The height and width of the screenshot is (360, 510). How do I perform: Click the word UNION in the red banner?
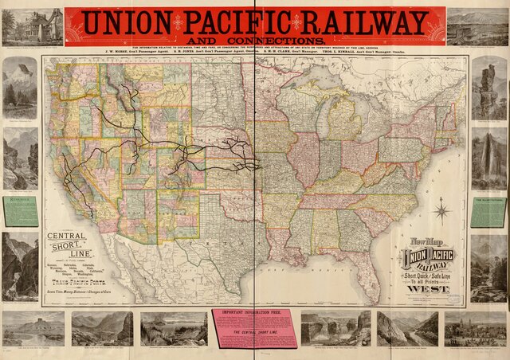pyautogui.click(x=127, y=22)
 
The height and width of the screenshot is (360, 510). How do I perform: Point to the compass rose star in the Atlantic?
pyautogui.click(x=442, y=212)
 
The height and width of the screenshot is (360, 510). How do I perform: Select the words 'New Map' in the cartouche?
pyautogui.click(x=426, y=241)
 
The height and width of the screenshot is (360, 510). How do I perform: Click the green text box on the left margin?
pyautogui.click(x=20, y=211)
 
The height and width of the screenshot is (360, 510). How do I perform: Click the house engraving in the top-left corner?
pyautogui.click(x=32, y=28)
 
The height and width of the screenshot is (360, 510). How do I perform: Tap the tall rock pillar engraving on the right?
pyautogui.click(x=488, y=88)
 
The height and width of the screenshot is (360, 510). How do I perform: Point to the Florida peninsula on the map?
pyautogui.click(x=369, y=268)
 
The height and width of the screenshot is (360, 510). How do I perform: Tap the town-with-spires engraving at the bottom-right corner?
pyautogui.click(x=475, y=327)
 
